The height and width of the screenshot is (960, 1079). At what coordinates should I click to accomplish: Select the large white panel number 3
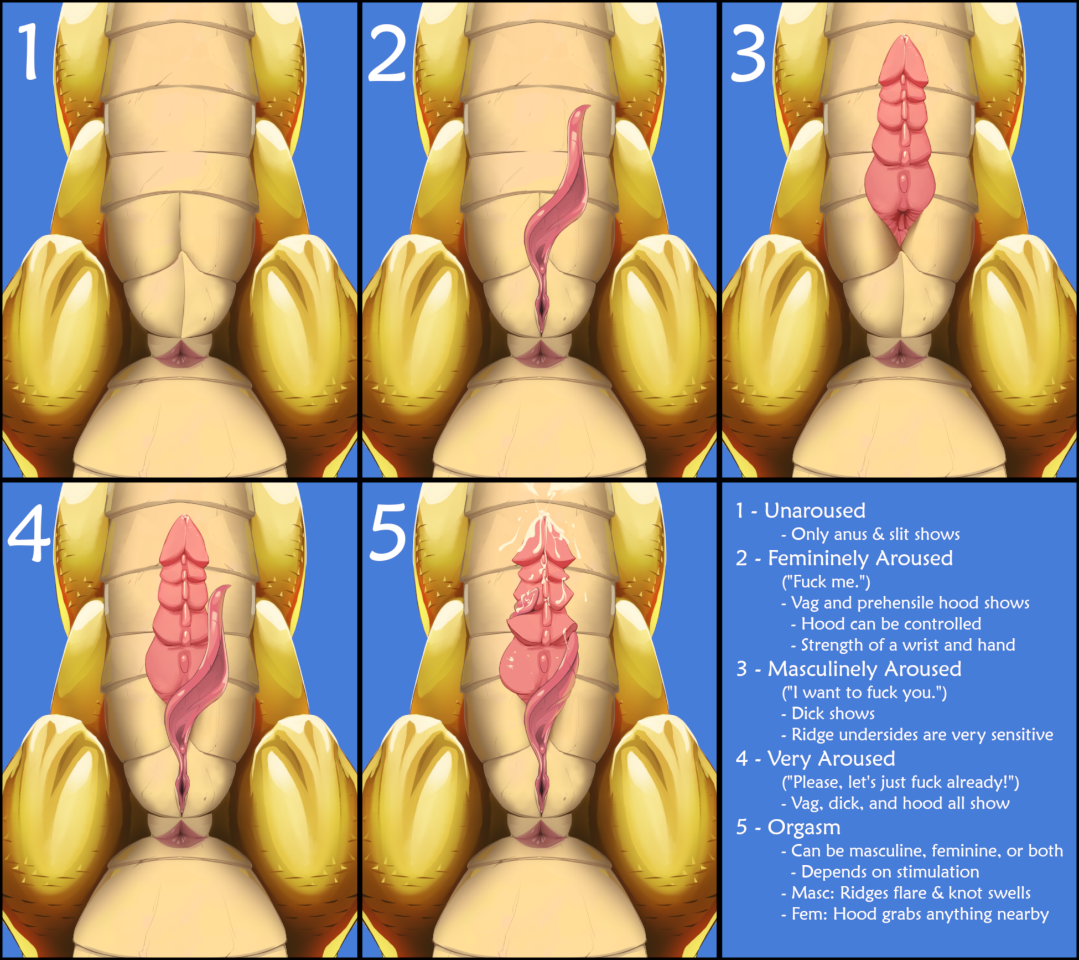[749, 54]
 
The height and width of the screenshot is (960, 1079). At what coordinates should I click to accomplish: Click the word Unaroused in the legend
[815, 510]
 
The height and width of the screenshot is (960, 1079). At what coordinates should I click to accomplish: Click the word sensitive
[1022, 735]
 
